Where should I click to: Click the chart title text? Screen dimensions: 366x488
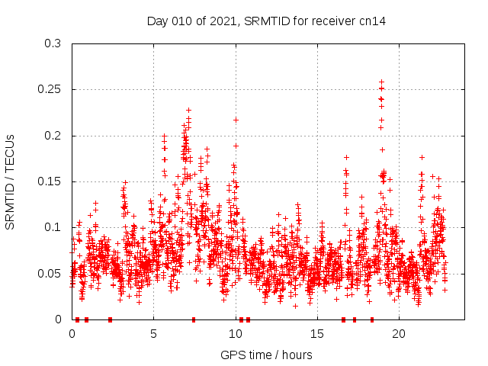266,21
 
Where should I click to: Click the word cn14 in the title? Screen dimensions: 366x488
373,21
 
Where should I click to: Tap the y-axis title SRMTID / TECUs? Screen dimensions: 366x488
10,182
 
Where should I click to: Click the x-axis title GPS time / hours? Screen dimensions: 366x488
266,355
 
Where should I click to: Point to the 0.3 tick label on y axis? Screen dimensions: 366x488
53,43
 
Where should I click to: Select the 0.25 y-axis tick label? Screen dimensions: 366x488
50,89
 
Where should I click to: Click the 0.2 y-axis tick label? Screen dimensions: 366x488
53,136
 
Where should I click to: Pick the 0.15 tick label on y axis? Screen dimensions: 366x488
50,181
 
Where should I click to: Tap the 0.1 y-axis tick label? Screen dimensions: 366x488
53,227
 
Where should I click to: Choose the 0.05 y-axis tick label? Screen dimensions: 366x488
50,273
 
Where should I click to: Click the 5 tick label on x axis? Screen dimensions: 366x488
154,333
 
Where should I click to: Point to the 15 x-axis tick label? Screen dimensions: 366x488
316,333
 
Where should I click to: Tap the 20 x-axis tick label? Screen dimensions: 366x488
398,333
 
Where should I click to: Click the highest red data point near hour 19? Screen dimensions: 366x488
381,82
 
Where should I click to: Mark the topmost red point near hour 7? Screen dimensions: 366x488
188,110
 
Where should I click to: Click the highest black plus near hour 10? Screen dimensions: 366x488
236,120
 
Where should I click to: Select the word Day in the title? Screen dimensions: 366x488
156,21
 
